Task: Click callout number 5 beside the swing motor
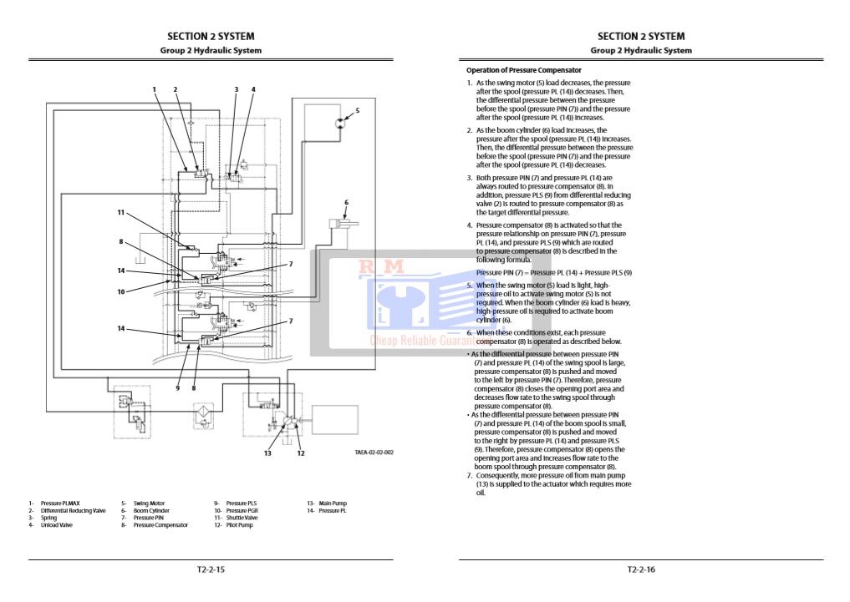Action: (x=357, y=110)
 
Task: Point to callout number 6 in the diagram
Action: (x=346, y=202)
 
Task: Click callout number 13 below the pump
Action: (x=267, y=453)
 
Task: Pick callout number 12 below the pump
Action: (x=301, y=453)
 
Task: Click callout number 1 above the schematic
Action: (x=154, y=89)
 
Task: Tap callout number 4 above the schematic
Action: (x=253, y=89)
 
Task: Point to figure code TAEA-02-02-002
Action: (x=373, y=453)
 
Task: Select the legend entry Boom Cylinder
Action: (x=151, y=511)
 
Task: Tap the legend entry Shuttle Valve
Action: (x=242, y=518)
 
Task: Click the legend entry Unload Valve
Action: (x=56, y=525)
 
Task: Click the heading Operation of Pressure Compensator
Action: (x=524, y=70)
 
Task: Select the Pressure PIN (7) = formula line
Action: (x=553, y=272)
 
